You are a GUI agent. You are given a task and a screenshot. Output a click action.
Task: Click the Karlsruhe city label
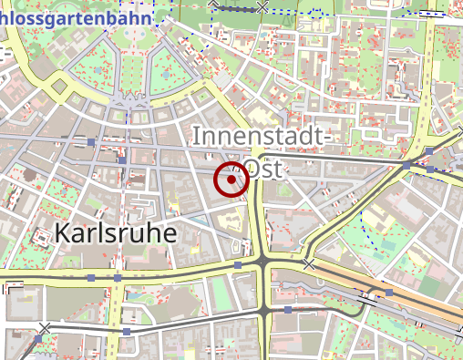[x=116, y=232]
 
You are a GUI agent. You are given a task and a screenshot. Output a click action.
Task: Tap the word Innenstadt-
[x=260, y=138]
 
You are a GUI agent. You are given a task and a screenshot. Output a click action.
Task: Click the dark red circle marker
[x=231, y=180]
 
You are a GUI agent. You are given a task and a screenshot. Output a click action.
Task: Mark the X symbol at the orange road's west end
[x=309, y=264]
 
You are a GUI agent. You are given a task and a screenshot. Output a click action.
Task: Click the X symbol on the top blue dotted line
[x=263, y=7]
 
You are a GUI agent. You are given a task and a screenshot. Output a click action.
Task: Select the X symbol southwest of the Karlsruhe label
[x=44, y=328]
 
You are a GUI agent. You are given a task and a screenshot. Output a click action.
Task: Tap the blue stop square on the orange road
[x=388, y=293]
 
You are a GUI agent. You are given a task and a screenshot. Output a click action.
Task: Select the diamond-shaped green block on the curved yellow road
[x=60, y=88]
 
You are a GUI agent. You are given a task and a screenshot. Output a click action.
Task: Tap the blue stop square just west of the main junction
[x=238, y=265]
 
